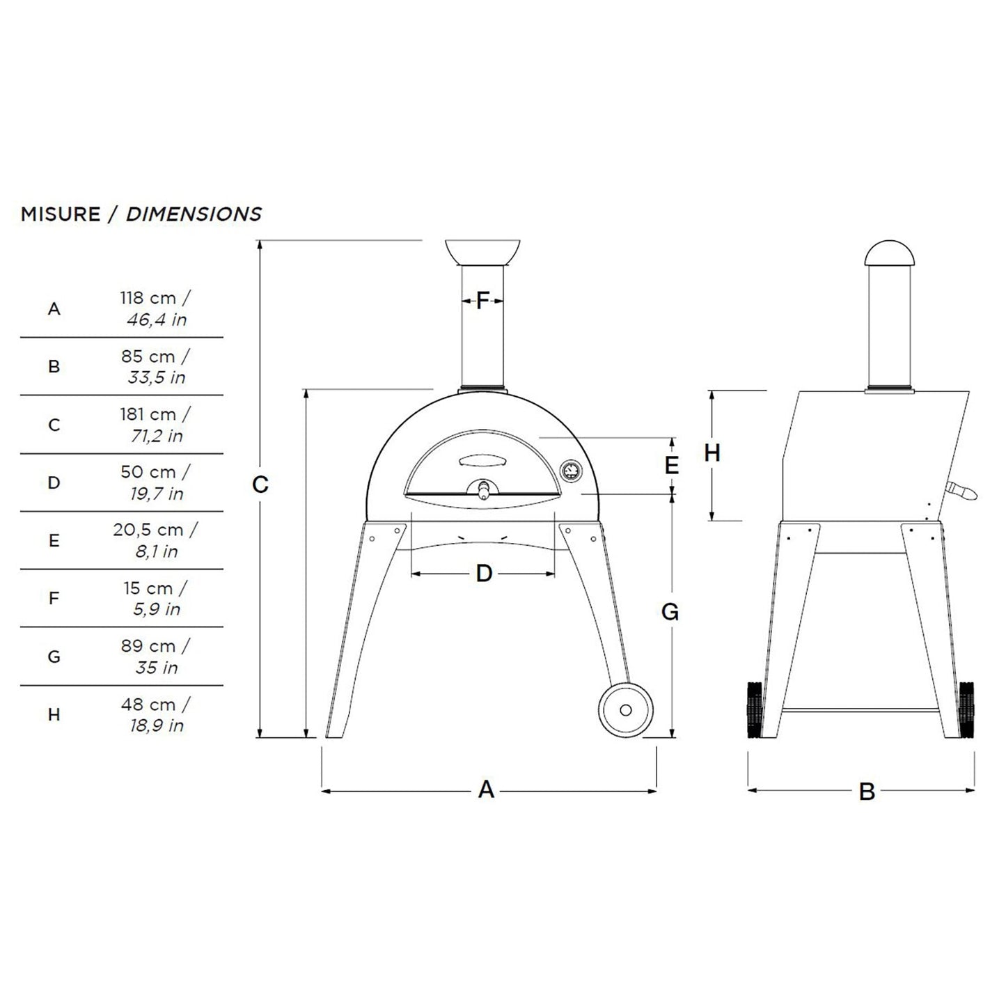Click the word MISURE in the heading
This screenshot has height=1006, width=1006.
[61, 214]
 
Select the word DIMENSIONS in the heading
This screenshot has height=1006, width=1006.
[194, 214]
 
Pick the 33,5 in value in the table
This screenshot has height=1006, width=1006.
[156, 377]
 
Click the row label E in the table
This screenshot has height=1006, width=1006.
[54, 541]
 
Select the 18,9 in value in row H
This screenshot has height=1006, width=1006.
[156, 725]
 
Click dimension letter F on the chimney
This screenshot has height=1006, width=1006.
[482, 301]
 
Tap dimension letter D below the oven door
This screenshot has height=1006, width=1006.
[484, 574]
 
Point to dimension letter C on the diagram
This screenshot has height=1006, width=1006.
[260, 485]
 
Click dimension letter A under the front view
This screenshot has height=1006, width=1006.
[486, 789]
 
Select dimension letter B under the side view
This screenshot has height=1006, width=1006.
[867, 792]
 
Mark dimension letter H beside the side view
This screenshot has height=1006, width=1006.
[712, 453]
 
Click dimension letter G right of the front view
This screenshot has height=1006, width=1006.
[670, 612]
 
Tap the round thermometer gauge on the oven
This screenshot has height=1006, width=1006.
[571, 471]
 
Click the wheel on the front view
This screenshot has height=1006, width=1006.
[625, 709]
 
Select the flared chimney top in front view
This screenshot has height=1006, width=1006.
[482, 252]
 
